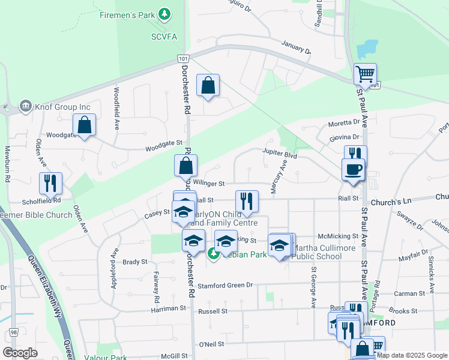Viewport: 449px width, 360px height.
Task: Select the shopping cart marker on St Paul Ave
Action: pos(365,75)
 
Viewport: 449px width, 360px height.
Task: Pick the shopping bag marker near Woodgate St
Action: pos(85,126)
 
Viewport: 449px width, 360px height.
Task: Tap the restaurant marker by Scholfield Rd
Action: pos(50,183)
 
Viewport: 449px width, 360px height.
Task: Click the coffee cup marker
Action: pos(353,169)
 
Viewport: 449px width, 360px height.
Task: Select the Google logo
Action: pos(20,353)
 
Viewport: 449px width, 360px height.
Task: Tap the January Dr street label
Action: pos(297,47)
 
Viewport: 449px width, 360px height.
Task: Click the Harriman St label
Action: pos(168,308)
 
